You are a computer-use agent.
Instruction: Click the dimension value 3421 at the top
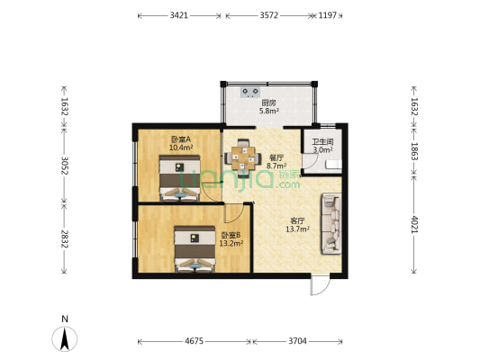[x=179, y=15]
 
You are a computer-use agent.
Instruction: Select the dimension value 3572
[x=268, y=15]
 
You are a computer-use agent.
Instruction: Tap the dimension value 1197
[x=328, y=15]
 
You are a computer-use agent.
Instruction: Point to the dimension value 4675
[x=195, y=341]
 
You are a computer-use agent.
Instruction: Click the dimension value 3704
[x=297, y=341]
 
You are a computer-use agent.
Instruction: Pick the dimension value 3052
[x=64, y=166]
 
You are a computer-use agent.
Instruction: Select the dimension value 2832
[x=64, y=238]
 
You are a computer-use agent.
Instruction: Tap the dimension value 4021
[x=414, y=224]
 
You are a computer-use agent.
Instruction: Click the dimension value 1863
[x=414, y=151]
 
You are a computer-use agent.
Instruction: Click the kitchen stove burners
[x=250, y=92]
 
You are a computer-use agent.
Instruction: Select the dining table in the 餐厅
[x=243, y=158]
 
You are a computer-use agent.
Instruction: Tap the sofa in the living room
[x=331, y=223]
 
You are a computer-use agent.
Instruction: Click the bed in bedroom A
[x=179, y=178]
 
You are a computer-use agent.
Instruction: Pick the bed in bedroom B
[x=195, y=249]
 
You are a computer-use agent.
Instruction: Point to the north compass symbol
[x=64, y=338]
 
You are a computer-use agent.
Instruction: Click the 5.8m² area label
[x=268, y=111]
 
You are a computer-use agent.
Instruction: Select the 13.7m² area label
[x=297, y=229]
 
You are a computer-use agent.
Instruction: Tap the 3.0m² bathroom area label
[x=322, y=150]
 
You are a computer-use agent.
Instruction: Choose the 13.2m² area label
[x=231, y=243]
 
